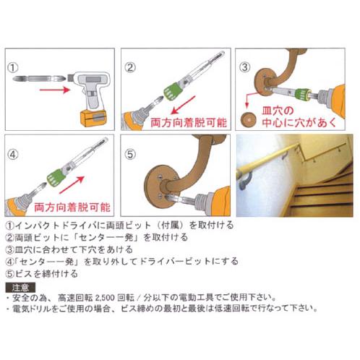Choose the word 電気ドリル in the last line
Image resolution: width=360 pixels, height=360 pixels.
click(x=41, y=308)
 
